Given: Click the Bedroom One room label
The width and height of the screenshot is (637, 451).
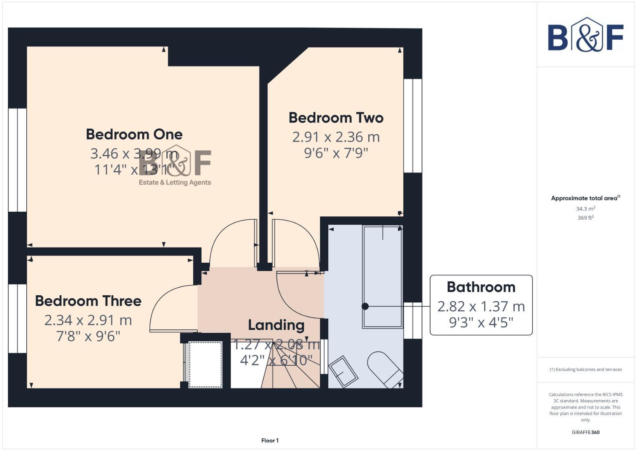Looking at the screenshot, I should coord(134,134).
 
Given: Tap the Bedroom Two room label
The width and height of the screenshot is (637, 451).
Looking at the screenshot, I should coord(336,118).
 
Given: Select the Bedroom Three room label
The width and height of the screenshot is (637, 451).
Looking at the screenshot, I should coord(88,301).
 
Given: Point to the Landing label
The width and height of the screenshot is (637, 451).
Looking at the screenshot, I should coord(276,325).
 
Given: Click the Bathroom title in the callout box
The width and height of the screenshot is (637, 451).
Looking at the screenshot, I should coord(481,287).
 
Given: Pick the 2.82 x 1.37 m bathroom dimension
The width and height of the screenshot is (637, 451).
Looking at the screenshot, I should coord(481,307).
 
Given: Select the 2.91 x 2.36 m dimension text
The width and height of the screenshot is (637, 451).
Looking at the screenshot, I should coord(336,137).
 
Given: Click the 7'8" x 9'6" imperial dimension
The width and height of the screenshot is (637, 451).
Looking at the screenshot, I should coord(88,336).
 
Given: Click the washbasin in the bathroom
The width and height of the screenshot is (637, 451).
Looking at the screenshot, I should coord(343,372).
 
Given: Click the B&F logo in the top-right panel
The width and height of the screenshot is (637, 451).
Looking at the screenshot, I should coord(585,35).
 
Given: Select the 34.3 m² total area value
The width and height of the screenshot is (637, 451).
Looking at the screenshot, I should coord(585,209).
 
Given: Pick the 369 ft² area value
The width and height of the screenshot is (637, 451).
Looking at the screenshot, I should coord(585,218).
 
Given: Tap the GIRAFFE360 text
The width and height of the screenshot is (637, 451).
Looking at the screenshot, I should coord(585,432).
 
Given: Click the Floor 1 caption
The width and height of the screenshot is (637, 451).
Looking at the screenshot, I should coord(270,441).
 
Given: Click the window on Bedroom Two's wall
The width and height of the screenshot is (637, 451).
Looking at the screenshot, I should coord(413,125).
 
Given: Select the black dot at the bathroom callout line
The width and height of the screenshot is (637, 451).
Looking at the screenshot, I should coord(365,307).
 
